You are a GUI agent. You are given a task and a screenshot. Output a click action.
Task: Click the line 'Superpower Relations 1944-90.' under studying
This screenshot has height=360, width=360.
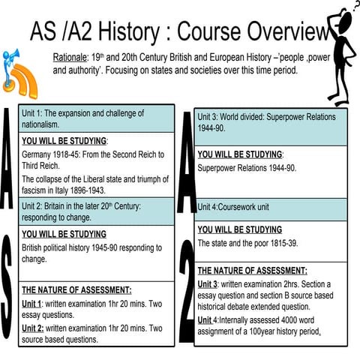pyautogui.click(x=247, y=168)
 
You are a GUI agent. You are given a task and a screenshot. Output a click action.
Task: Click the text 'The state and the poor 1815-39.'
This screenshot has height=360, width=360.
pyautogui.click(x=248, y=243)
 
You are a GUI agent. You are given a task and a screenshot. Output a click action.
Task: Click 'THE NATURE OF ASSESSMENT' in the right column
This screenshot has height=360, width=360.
pyautogui.click(x=252, y=271)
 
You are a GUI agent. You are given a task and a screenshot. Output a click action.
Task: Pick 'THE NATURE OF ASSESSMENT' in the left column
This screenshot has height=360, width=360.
pyautogui.click(x=76, y=289)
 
